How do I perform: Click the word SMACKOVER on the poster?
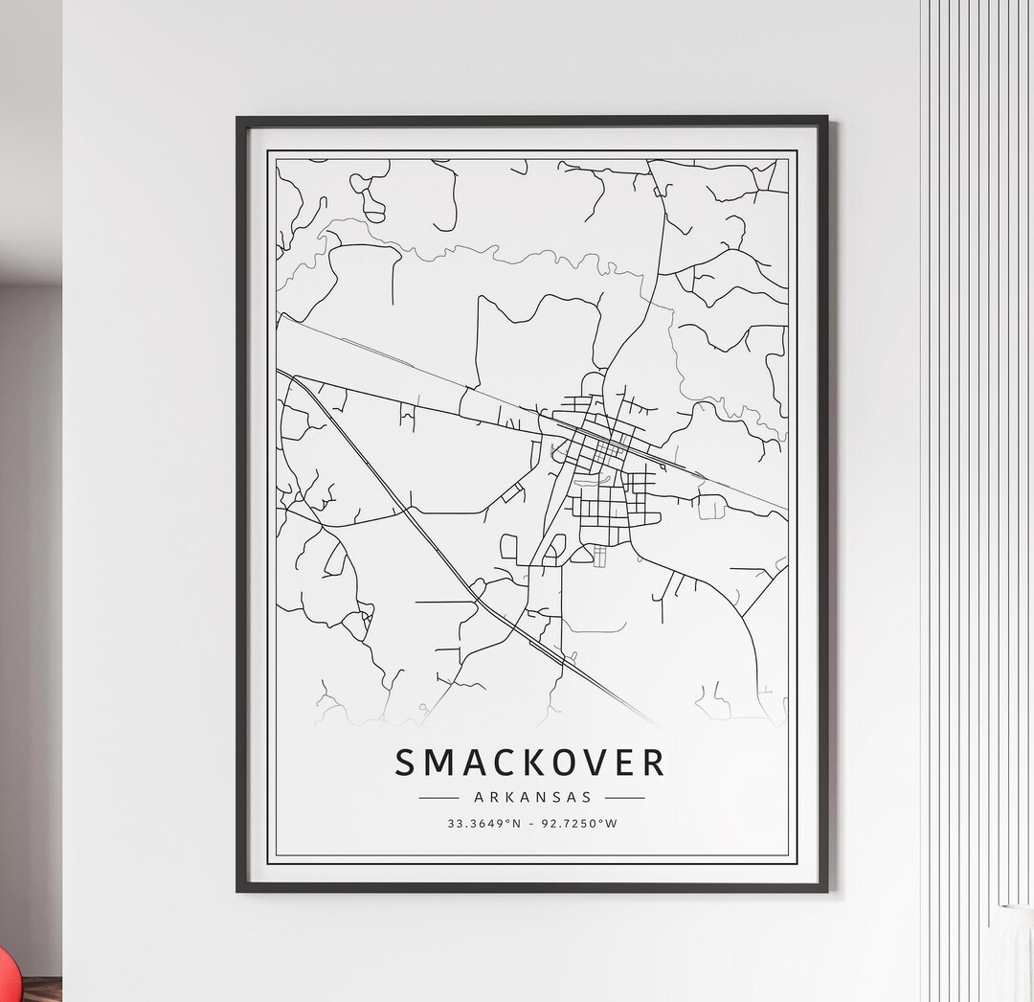click(529, 763)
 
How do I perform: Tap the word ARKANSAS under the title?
click(532, 796)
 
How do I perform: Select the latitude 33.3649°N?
click(482, 823)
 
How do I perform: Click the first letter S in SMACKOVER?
click(406, 763)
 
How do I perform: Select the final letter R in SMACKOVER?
click(653, 763)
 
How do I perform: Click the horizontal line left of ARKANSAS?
click(439, 797)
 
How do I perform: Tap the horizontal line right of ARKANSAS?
click(624, 797)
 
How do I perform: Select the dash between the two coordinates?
click(531, 823)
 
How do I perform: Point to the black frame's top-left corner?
click(238, 120)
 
